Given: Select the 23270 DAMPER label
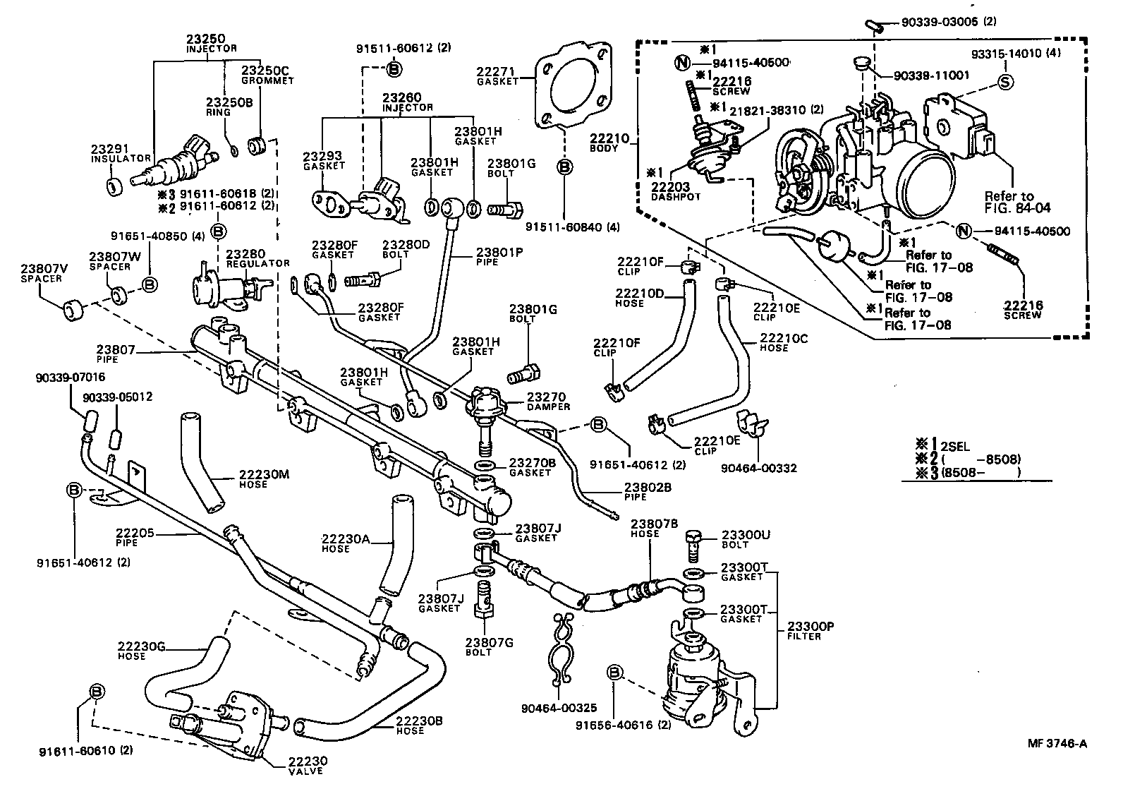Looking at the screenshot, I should point(547,402).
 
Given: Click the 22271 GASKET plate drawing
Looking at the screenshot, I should point(573,85).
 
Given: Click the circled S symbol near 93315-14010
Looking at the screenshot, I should point(1006,82).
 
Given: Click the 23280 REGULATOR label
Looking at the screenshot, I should point(257,258).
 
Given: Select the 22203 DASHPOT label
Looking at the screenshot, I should point(675,191).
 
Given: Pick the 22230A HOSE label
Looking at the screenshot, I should point(346,543).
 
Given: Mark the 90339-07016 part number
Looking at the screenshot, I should point(70,378).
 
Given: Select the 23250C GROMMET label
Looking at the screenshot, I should point(267,76).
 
